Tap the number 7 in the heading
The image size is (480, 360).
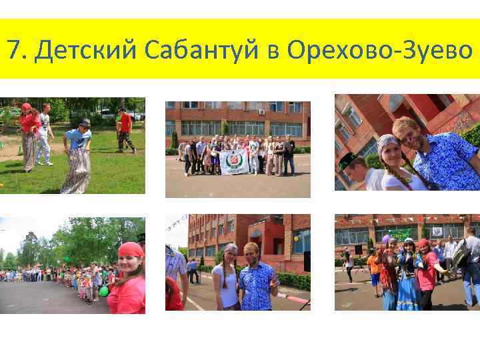[13, 49]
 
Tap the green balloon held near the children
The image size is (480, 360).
[103, 291]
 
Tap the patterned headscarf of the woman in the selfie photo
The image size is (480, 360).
[386, 144]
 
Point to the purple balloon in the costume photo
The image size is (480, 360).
[385, 238]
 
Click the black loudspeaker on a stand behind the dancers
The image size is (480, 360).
[358, 249]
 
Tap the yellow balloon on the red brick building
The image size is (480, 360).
[296, 237]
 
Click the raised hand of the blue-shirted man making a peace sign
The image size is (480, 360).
[274, 283]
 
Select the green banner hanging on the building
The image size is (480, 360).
[400, 233]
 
